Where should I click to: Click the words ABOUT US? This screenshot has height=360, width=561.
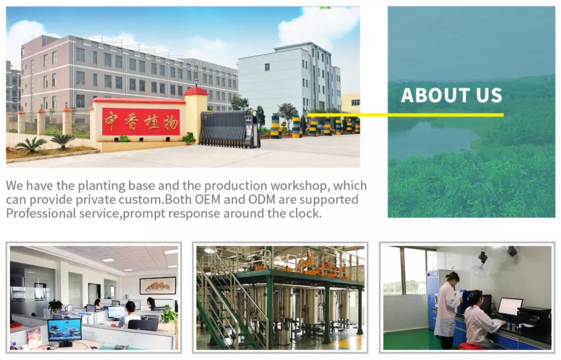click(x=452, y=95)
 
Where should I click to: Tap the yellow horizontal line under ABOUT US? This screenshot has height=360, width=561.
click(x=405, y=115)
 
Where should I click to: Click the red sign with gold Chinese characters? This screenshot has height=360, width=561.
click(x=140, y=122)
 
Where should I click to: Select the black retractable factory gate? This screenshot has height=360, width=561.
click(x=229, y=129)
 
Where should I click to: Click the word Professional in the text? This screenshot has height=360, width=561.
click(x=41, y=213)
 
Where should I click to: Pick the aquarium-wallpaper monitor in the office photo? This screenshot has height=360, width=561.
click(x=65, y=330)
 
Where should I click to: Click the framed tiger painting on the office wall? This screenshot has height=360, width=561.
click(x=158, y=286)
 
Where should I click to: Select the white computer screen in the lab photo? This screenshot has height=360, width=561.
click(x=510, y=306)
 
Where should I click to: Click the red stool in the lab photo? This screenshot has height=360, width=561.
click(x=468, y=346)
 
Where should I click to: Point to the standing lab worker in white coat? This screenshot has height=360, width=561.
click(x=447, y=310)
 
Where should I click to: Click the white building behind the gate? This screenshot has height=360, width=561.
click(x=290, y=81)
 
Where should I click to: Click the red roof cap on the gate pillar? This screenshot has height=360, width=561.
click(x=196, y=92)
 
